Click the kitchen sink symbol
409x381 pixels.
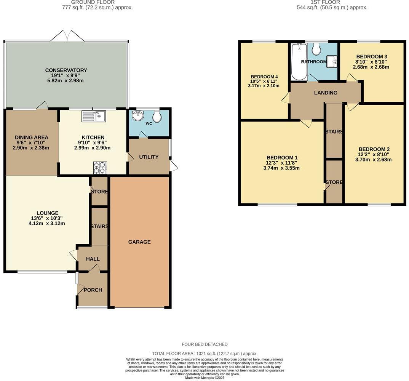pyautogui.click(x=94, y=116)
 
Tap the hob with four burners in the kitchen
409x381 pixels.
pyautogui.click(x=100, y=167)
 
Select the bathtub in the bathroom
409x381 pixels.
pyautogui.click(x=299, y=62)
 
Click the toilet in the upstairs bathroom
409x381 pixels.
pyautogui.click(x=316, y=48)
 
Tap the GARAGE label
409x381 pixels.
pyautogui.click(x=139, y=242)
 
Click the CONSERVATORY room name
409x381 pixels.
pyautogui.click(x=66, y=70)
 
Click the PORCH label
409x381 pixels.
pyautogui.click(x=93, y=290)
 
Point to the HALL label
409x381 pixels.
pyautogui.click(x=93, y=259)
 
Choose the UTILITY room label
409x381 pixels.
pyautogui.click(x=149, y=157)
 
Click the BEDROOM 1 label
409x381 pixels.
pyautogui.click(x=282, y=157)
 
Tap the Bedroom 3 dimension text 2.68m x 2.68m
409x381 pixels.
pyautogui.click(x=371, y=67)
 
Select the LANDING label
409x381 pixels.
pyautogui.click(x=326, y=93)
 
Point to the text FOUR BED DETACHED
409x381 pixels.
pyautogui.click(x=204, y=344)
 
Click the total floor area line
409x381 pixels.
pyautogui.click(x=204, y=354)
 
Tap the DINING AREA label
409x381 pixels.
pyautogui.click(x=31, y=138)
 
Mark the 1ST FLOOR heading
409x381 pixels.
pyautogui.click(x=320, y=2)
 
